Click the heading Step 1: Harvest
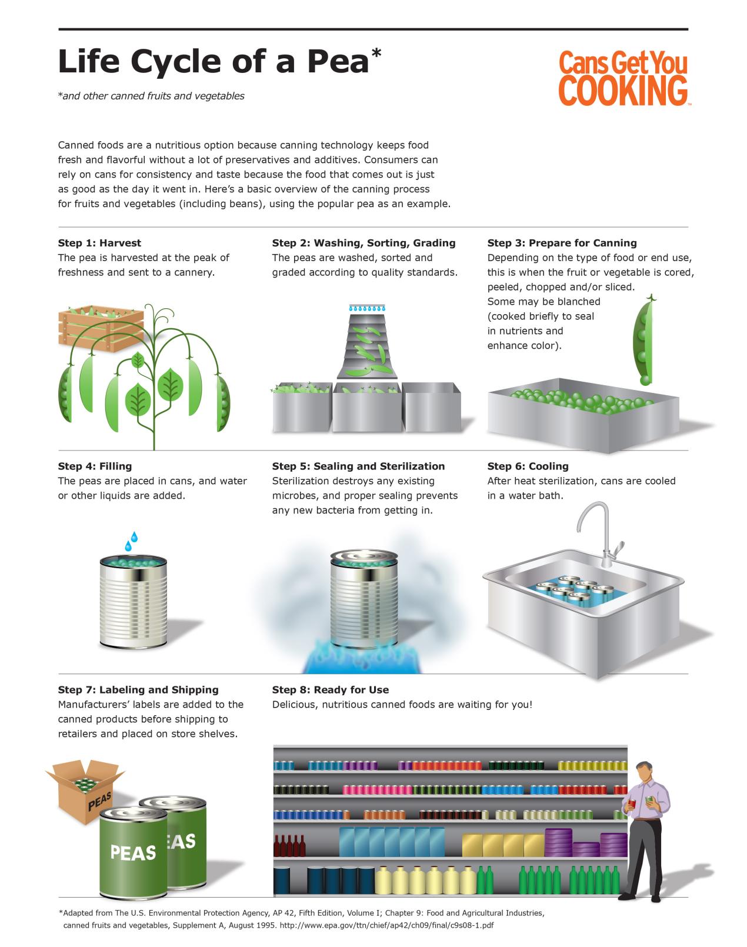(x=99, y=243)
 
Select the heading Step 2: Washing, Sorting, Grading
(x=364, y=243)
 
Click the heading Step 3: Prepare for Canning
(x=562, y=243)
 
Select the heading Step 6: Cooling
(x=528, y=466)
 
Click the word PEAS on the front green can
(x=134, y=852)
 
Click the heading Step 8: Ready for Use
(x=330, y=690)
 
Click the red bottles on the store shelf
(x=289, y=846)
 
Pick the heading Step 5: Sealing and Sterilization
(x=358, y=466)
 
